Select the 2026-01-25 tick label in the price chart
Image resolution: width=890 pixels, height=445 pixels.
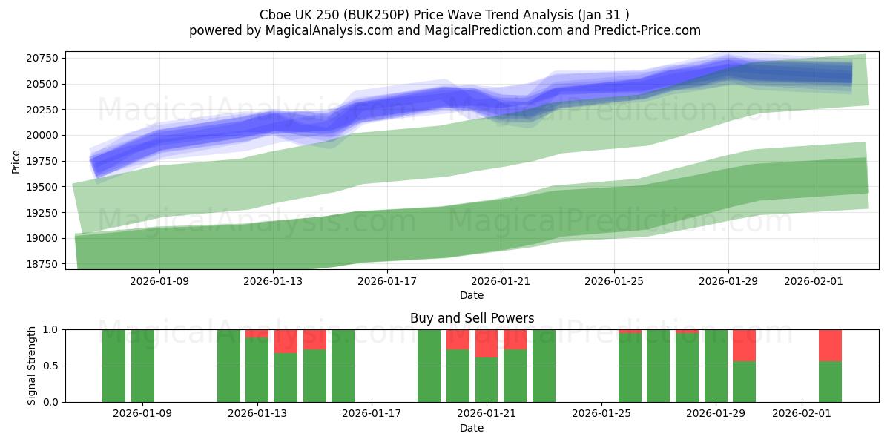(x=613, y=281)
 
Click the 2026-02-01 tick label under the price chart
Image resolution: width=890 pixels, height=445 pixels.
(x=814, y=281)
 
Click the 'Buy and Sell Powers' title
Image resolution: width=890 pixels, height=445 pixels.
(x=472, y=318)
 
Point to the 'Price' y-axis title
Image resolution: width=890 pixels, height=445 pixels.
(x=16, y=160)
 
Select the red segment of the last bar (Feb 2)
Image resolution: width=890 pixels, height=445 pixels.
(x=830, y=345)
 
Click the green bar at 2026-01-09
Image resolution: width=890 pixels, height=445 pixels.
(x=142, y=366)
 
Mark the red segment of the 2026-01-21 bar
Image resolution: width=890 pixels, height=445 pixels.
(x=487, y=343)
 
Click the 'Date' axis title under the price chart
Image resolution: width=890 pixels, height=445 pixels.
(x=472, y=295)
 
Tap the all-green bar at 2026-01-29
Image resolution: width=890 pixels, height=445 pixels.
(x=716, y=366)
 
